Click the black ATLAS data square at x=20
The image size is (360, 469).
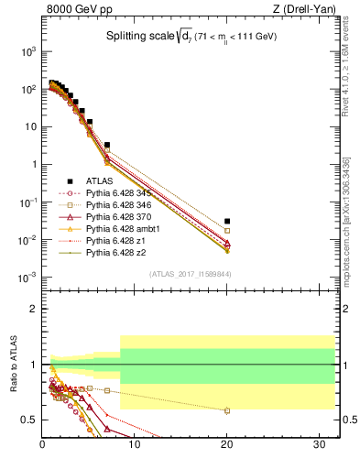(227, 221)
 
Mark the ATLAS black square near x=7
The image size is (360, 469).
(107, 145)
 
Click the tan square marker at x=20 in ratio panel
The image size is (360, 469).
(227, 410)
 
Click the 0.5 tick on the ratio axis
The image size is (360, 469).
(30, 420)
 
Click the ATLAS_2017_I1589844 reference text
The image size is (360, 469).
(191, 273)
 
